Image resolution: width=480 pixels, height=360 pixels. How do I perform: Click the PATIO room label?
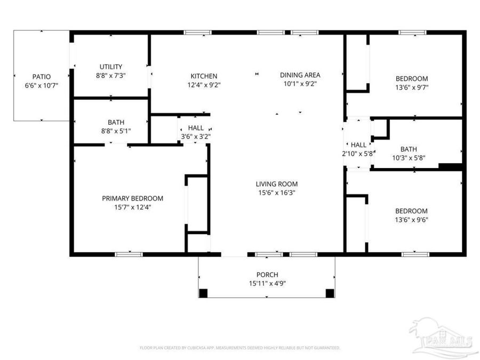(41, 76)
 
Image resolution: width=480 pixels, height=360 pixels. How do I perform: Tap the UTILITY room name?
(111, 67)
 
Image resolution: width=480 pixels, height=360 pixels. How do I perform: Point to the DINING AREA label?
(300, 75)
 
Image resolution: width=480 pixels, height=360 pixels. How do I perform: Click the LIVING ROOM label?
(276, 184)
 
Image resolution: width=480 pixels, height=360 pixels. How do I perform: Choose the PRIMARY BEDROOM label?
(132, 198)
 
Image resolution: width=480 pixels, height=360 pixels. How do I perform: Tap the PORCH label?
(267, 275)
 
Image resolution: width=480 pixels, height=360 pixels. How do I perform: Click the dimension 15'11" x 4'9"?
(267, 284)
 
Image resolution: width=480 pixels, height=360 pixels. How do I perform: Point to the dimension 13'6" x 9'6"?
(411, 219)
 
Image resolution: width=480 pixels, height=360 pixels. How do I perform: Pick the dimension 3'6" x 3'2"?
(195, 137)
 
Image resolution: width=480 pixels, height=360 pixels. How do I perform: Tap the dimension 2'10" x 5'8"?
(358, 154)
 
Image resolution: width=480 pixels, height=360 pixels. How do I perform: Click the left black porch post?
(203, 293)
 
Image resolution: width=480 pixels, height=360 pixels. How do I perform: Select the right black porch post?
(330, 293)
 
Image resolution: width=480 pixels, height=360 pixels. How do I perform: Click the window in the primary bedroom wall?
(129, 254)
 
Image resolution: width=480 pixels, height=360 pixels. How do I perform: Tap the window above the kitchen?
(198, 33)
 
